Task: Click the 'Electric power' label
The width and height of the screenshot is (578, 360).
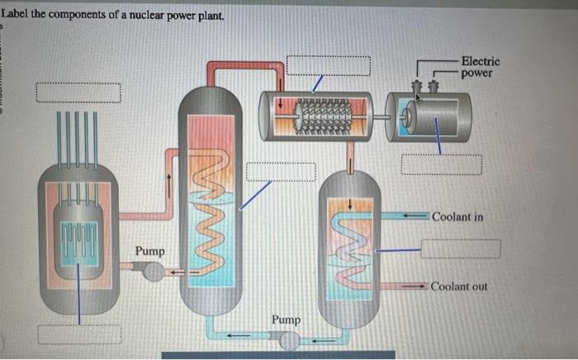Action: (x=480, y=67)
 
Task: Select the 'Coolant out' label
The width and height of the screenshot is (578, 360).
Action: (x=458, y=287)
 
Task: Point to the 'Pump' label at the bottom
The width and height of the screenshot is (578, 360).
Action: (x=287, y=319)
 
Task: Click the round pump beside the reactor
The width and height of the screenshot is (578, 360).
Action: (x=150, y=269)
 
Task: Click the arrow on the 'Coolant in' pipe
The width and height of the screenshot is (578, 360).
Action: (x=413, y=216)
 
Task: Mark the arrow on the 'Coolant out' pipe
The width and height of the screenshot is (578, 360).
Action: (x=413, y=287)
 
